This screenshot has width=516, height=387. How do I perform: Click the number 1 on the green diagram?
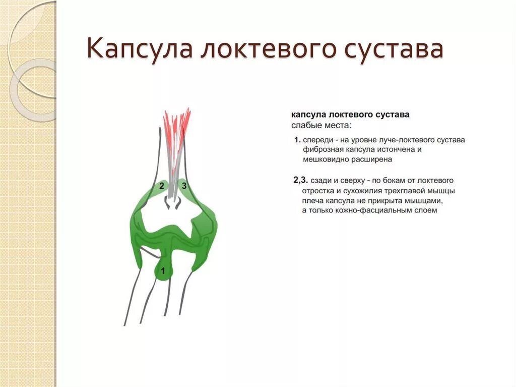163,272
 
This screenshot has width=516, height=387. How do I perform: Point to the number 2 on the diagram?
161,186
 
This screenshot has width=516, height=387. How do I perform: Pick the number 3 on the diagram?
184,186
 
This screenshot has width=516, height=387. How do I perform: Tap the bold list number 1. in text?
298,140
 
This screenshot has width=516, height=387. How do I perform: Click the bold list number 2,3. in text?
301,180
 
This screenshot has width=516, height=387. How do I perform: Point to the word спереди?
320,140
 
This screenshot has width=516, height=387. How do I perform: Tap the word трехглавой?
406,191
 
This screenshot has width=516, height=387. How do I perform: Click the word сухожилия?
366,191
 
